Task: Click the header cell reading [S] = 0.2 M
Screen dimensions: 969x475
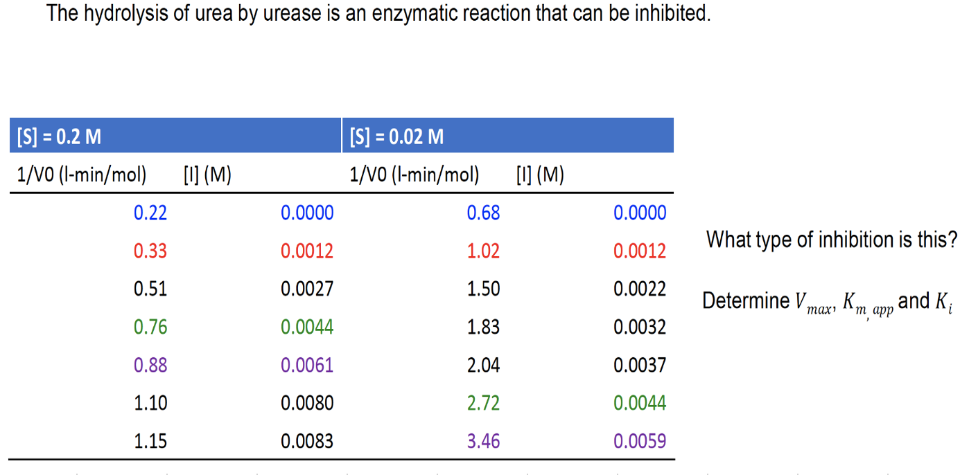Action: click(x=175, y=135)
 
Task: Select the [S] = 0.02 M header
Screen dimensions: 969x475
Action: click(x=508, y=135)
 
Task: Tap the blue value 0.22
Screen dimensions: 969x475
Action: click(x=150, y=213)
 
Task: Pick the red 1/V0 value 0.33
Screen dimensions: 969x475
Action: click(x=150, y=251)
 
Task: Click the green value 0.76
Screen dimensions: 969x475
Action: click(x=150, y=328)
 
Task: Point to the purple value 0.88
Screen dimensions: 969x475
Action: click(x=150, y=365)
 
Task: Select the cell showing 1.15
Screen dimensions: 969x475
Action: click(x=150, y=441)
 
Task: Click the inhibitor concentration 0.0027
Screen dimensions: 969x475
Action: click(x=307, y=289)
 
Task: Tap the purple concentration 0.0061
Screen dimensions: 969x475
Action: click(x=307, y=365)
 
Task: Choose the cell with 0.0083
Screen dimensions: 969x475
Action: click(x=307, y=441)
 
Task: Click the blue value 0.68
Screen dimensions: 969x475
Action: click(x=483, y=213)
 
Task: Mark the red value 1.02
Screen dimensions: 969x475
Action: click(x=483, y=251)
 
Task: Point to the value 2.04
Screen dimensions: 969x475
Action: click(x=483, y=365)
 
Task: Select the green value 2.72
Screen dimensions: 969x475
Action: click(x=483, y=403)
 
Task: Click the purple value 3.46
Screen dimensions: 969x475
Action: click(x=483, y=441)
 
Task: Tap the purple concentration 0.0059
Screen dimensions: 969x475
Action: click(x=640, y=441)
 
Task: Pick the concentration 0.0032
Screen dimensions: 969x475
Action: click(x=640, y=328)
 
